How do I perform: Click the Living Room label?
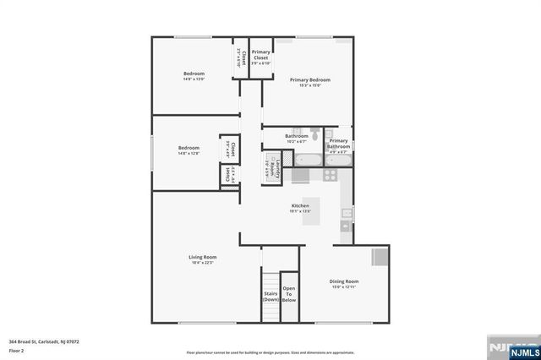coord(203,256)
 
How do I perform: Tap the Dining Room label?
coord(345,281)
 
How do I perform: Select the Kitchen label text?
coord(301,205)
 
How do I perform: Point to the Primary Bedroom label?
coord(310,79)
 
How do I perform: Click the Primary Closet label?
coord(261,55)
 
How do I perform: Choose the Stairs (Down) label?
coord(270,297)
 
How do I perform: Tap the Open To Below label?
coord(289,293)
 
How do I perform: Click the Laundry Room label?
coord(272,163)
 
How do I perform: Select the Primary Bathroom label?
coord(339,144)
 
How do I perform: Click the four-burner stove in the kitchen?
coord(330,176)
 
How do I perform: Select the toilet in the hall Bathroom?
coord(314,133)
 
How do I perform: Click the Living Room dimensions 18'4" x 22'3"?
coord(203,263)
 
